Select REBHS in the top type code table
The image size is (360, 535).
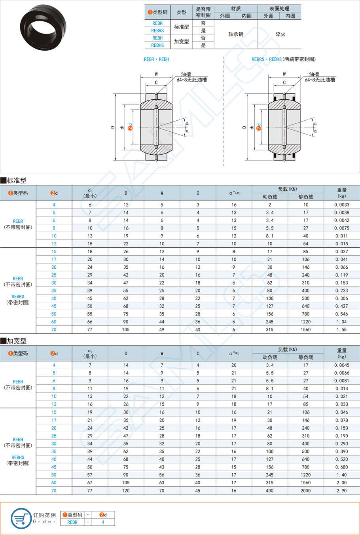[x=157, y=46]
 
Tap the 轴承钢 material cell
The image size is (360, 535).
[x=236, y=34]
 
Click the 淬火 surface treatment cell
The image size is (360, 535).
[x=280, y=34]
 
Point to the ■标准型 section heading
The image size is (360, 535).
[x=14, y=180]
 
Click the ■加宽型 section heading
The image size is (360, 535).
[x=14, y=341]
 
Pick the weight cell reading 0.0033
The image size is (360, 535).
[x=341, y=205]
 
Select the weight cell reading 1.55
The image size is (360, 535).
[x=341, y=330]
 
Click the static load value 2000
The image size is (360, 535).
[x=305, y=491]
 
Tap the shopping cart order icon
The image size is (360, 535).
[x=21, y=518]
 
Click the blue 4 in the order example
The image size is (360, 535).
[x=103, y=522]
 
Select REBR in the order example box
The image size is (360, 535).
[x=72, y=522]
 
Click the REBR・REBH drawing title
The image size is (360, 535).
[x=156, y=59]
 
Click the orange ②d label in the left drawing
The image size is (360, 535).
[x=130, y=127]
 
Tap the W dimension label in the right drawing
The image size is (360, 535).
[x=284, y=74]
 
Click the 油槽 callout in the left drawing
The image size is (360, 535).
[x=186, y=74]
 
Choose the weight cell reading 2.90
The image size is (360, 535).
[x=341, y=491]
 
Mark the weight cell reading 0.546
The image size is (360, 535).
[x=341, y=314]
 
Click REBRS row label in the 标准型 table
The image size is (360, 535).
[x=18, y=297]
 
